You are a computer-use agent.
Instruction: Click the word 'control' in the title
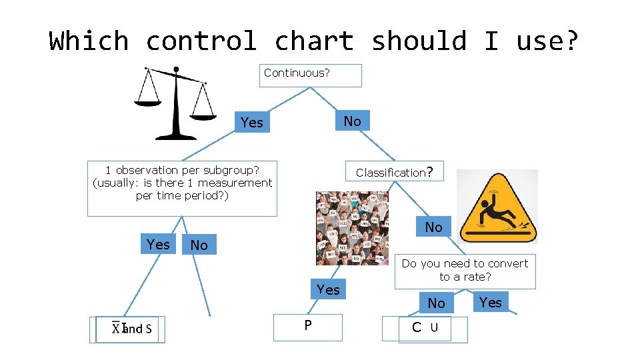201,41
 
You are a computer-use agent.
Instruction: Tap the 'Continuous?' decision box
310,75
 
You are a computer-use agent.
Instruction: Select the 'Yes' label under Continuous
252,122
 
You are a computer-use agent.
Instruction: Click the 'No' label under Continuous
352,121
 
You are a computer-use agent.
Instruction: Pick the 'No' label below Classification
433,227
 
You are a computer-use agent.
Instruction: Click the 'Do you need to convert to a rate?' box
465,270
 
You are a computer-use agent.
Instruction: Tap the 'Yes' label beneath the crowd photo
328,289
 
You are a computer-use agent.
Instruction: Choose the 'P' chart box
308,327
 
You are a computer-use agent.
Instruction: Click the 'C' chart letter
417,327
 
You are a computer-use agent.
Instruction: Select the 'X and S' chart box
131,329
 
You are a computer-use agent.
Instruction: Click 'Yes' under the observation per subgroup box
158,244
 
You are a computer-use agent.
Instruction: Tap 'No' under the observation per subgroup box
199,245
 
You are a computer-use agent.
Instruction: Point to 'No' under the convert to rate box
436,303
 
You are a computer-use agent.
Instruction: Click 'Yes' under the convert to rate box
491,302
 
